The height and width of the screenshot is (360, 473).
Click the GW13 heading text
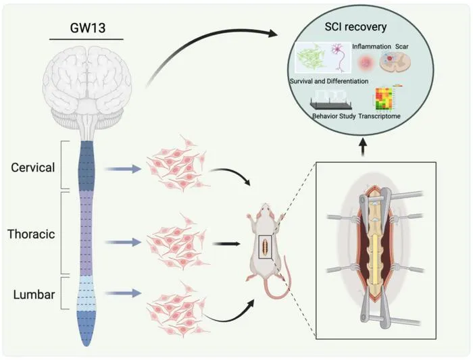(x=87, y=28)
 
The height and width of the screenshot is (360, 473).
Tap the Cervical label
(x=33, y=168)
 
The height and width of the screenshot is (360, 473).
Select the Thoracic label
(x=31, y=234)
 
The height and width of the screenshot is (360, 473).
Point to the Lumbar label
(x=34, y=294)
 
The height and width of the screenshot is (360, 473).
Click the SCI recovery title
(x=355, y=27)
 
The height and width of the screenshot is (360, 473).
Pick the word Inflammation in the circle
(x=372, y=47)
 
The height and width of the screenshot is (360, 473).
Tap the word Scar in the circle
(x=402, y=47)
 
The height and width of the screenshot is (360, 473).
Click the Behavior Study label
(x=334, y=115)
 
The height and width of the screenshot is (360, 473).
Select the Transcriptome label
(x=379, y=115)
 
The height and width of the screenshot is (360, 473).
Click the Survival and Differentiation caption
(x=329, y=81)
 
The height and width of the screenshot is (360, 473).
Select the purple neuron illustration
(x=339, y=58)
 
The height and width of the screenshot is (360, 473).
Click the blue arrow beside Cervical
(x=122, y=169)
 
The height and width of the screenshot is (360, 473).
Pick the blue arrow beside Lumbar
(x=124, y=292)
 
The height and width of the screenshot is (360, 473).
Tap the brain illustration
(x=87, y=91)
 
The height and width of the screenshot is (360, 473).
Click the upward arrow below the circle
(x=364, y=147)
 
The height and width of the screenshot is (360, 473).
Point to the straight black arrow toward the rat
(x=226, y=244)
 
